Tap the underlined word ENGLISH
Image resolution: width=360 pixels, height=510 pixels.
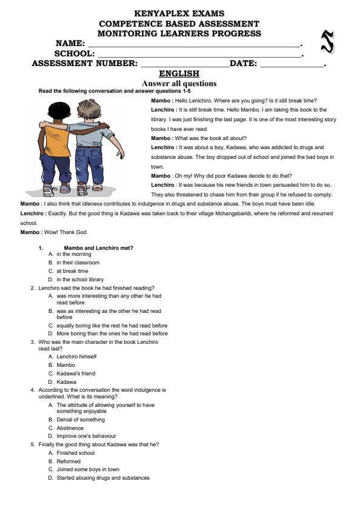tap(179, 74)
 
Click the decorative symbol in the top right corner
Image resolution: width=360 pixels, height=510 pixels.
tap(327, 41)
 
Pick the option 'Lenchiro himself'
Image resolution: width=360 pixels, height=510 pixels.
tap(76, 357)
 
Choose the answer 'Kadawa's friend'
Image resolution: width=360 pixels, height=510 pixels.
tap(76, 374)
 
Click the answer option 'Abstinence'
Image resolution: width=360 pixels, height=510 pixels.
tap(70, 428)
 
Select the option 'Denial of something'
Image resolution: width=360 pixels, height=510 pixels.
tap(80, 420)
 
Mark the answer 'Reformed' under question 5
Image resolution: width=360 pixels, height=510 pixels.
tap(68, 461)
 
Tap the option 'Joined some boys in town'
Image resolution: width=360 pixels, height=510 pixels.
tap(87, 469)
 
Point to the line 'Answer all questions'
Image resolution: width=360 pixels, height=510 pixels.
tap(179, 84)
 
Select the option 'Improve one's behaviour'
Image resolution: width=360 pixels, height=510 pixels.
tap(86, 436)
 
